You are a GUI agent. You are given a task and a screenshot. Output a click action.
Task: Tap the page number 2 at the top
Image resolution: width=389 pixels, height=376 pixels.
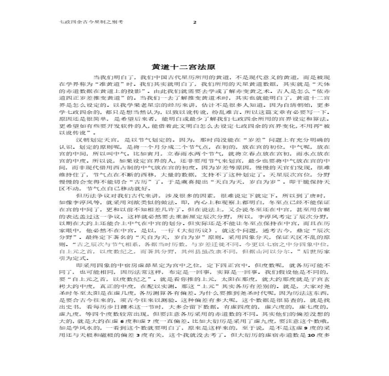click(194, 22)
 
